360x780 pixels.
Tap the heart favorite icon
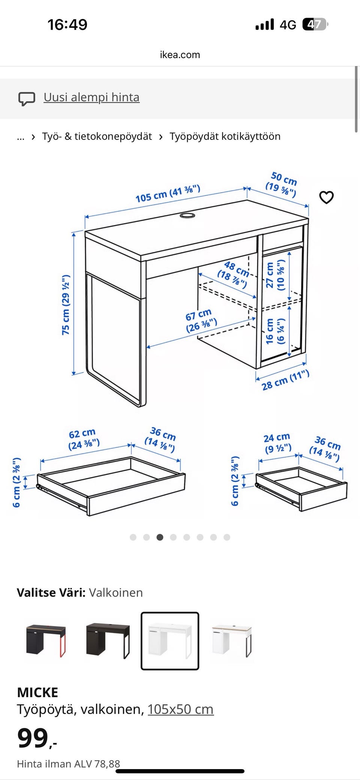tap(326, 197)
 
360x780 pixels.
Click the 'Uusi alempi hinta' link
tap(91, 97)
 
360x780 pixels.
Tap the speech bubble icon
tap(27, 99)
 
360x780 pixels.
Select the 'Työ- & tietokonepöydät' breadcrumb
tap(97, 136)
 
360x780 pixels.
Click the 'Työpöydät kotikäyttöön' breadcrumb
tap(225, 136)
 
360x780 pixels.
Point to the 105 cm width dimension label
tap(168, 193)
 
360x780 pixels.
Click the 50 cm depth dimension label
tap(282, 183)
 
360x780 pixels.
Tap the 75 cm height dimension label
tap(66, 305)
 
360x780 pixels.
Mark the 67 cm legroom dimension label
tap(201, 320)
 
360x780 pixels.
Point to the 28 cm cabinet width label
tap(285, 380)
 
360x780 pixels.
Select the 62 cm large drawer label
tap(83, 439)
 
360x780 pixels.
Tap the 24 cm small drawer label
tap(277, 443)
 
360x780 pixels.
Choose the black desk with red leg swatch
tap(46, 641)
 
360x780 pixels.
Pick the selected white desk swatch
tap(170, 641)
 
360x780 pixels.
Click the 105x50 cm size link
tap(181, 710)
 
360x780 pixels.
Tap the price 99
tap(37, 738)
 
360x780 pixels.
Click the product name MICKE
tap(37, 692)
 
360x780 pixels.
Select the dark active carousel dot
tap(160, 537)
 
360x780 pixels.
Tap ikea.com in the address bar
tap(180, 55)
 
